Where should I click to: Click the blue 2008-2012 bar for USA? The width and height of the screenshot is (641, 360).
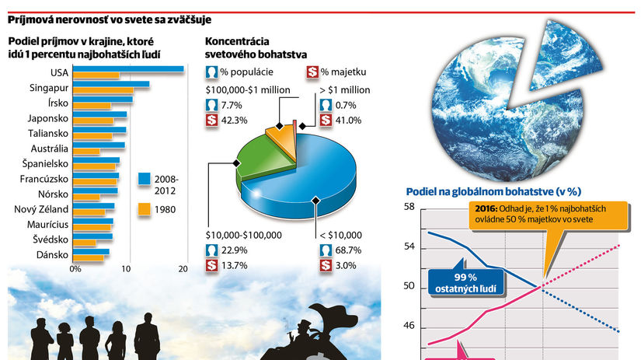(128, 69)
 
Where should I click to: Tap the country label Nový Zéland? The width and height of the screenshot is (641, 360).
(41, 209)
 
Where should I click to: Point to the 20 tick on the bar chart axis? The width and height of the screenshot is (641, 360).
(183, 269)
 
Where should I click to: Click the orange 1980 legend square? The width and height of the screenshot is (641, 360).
(145, 209)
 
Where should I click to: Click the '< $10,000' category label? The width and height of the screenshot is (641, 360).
(340, 234)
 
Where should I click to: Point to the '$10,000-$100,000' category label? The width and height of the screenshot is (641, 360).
(243, 234)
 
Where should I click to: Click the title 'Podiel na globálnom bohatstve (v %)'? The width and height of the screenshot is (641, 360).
(494, 190)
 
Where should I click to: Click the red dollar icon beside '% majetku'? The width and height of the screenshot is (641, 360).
(312, 72)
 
